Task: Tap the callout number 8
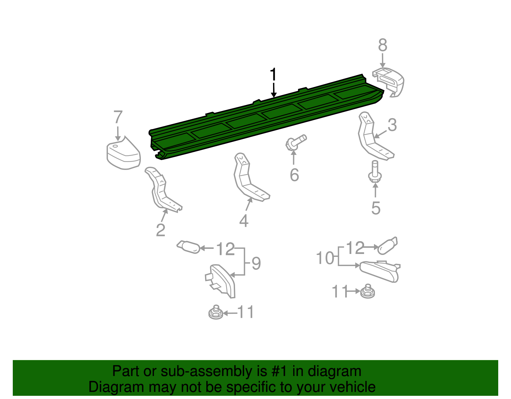383,45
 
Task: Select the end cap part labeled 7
123,154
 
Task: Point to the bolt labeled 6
296,142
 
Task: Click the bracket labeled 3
372,137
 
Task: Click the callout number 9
256,264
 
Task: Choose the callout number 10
325,258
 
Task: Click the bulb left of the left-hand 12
189,247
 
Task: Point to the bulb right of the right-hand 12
387,246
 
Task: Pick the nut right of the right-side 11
368,291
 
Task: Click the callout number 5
376,208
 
